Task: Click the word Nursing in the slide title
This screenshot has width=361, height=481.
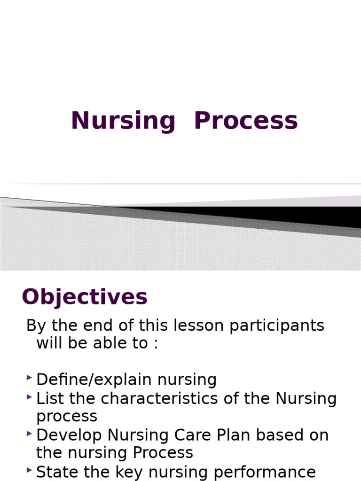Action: click(123, 121)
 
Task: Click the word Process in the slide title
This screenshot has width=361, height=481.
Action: click(246, 120)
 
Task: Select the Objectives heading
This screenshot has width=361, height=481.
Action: click(85, 297)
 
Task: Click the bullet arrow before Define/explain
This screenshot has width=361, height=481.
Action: click(30, 378)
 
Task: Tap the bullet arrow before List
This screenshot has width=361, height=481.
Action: click(30, 396)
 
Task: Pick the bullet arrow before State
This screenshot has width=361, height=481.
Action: click(30, 470)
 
